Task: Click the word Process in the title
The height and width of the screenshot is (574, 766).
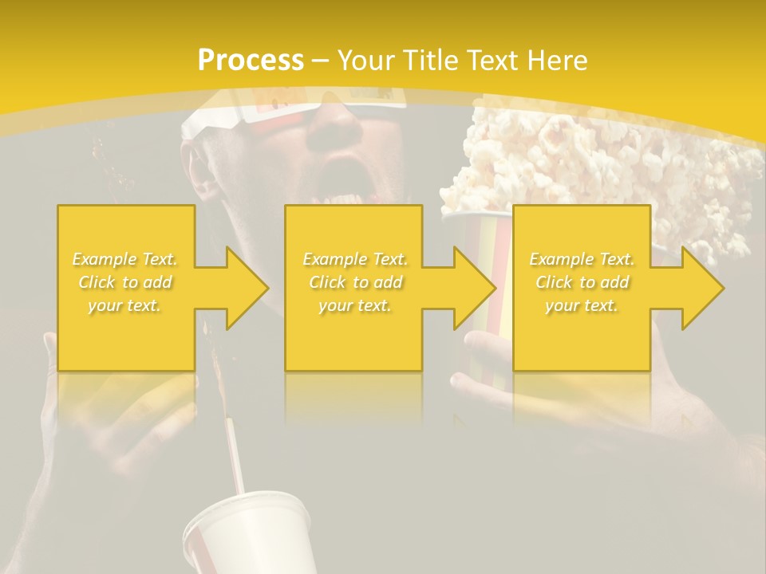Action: (x=251, y=61)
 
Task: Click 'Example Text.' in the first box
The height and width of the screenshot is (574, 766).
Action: (x=125, y=259)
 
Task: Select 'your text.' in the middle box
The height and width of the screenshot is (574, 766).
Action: (x=354, y=305)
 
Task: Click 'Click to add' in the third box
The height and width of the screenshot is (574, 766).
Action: (x=582, y=282)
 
